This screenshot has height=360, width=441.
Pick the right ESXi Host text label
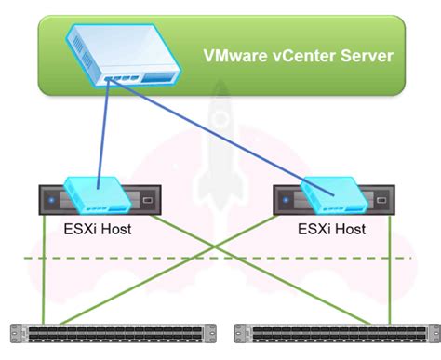[331, 229]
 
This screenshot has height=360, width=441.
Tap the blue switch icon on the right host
[331, 192]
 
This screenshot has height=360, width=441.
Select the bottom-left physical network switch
[111, 333]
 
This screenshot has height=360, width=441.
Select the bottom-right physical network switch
[335, 333]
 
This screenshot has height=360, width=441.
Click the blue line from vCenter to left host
[103, 130]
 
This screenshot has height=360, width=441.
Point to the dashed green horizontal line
[214, 257]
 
